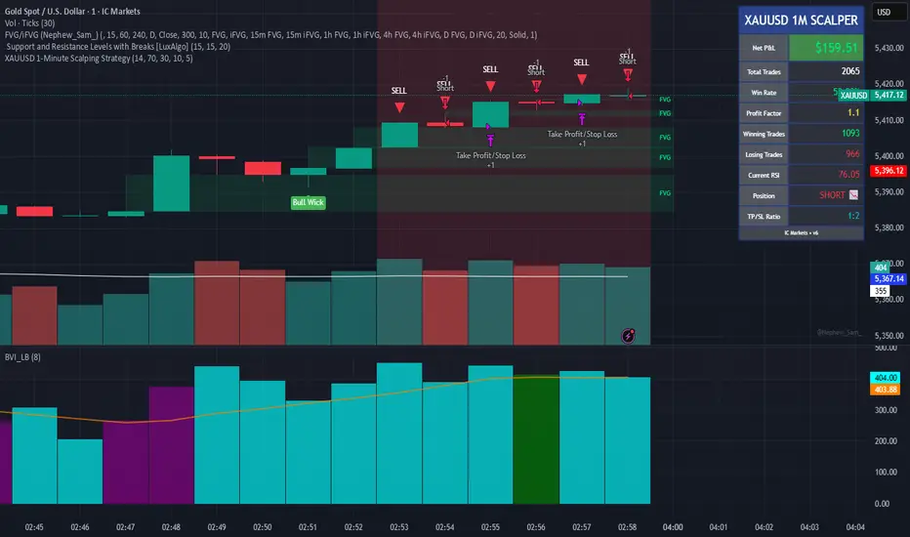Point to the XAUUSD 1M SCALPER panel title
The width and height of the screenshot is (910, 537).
[800, 20]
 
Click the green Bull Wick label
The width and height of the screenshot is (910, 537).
[308, 202]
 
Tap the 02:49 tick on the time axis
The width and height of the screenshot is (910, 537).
[217, 526]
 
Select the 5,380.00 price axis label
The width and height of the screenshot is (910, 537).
[887, 227]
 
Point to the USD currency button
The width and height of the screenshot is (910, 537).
[885, 13]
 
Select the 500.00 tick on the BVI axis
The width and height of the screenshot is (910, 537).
[886, 348]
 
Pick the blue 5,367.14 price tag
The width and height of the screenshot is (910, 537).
[886, 278]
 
